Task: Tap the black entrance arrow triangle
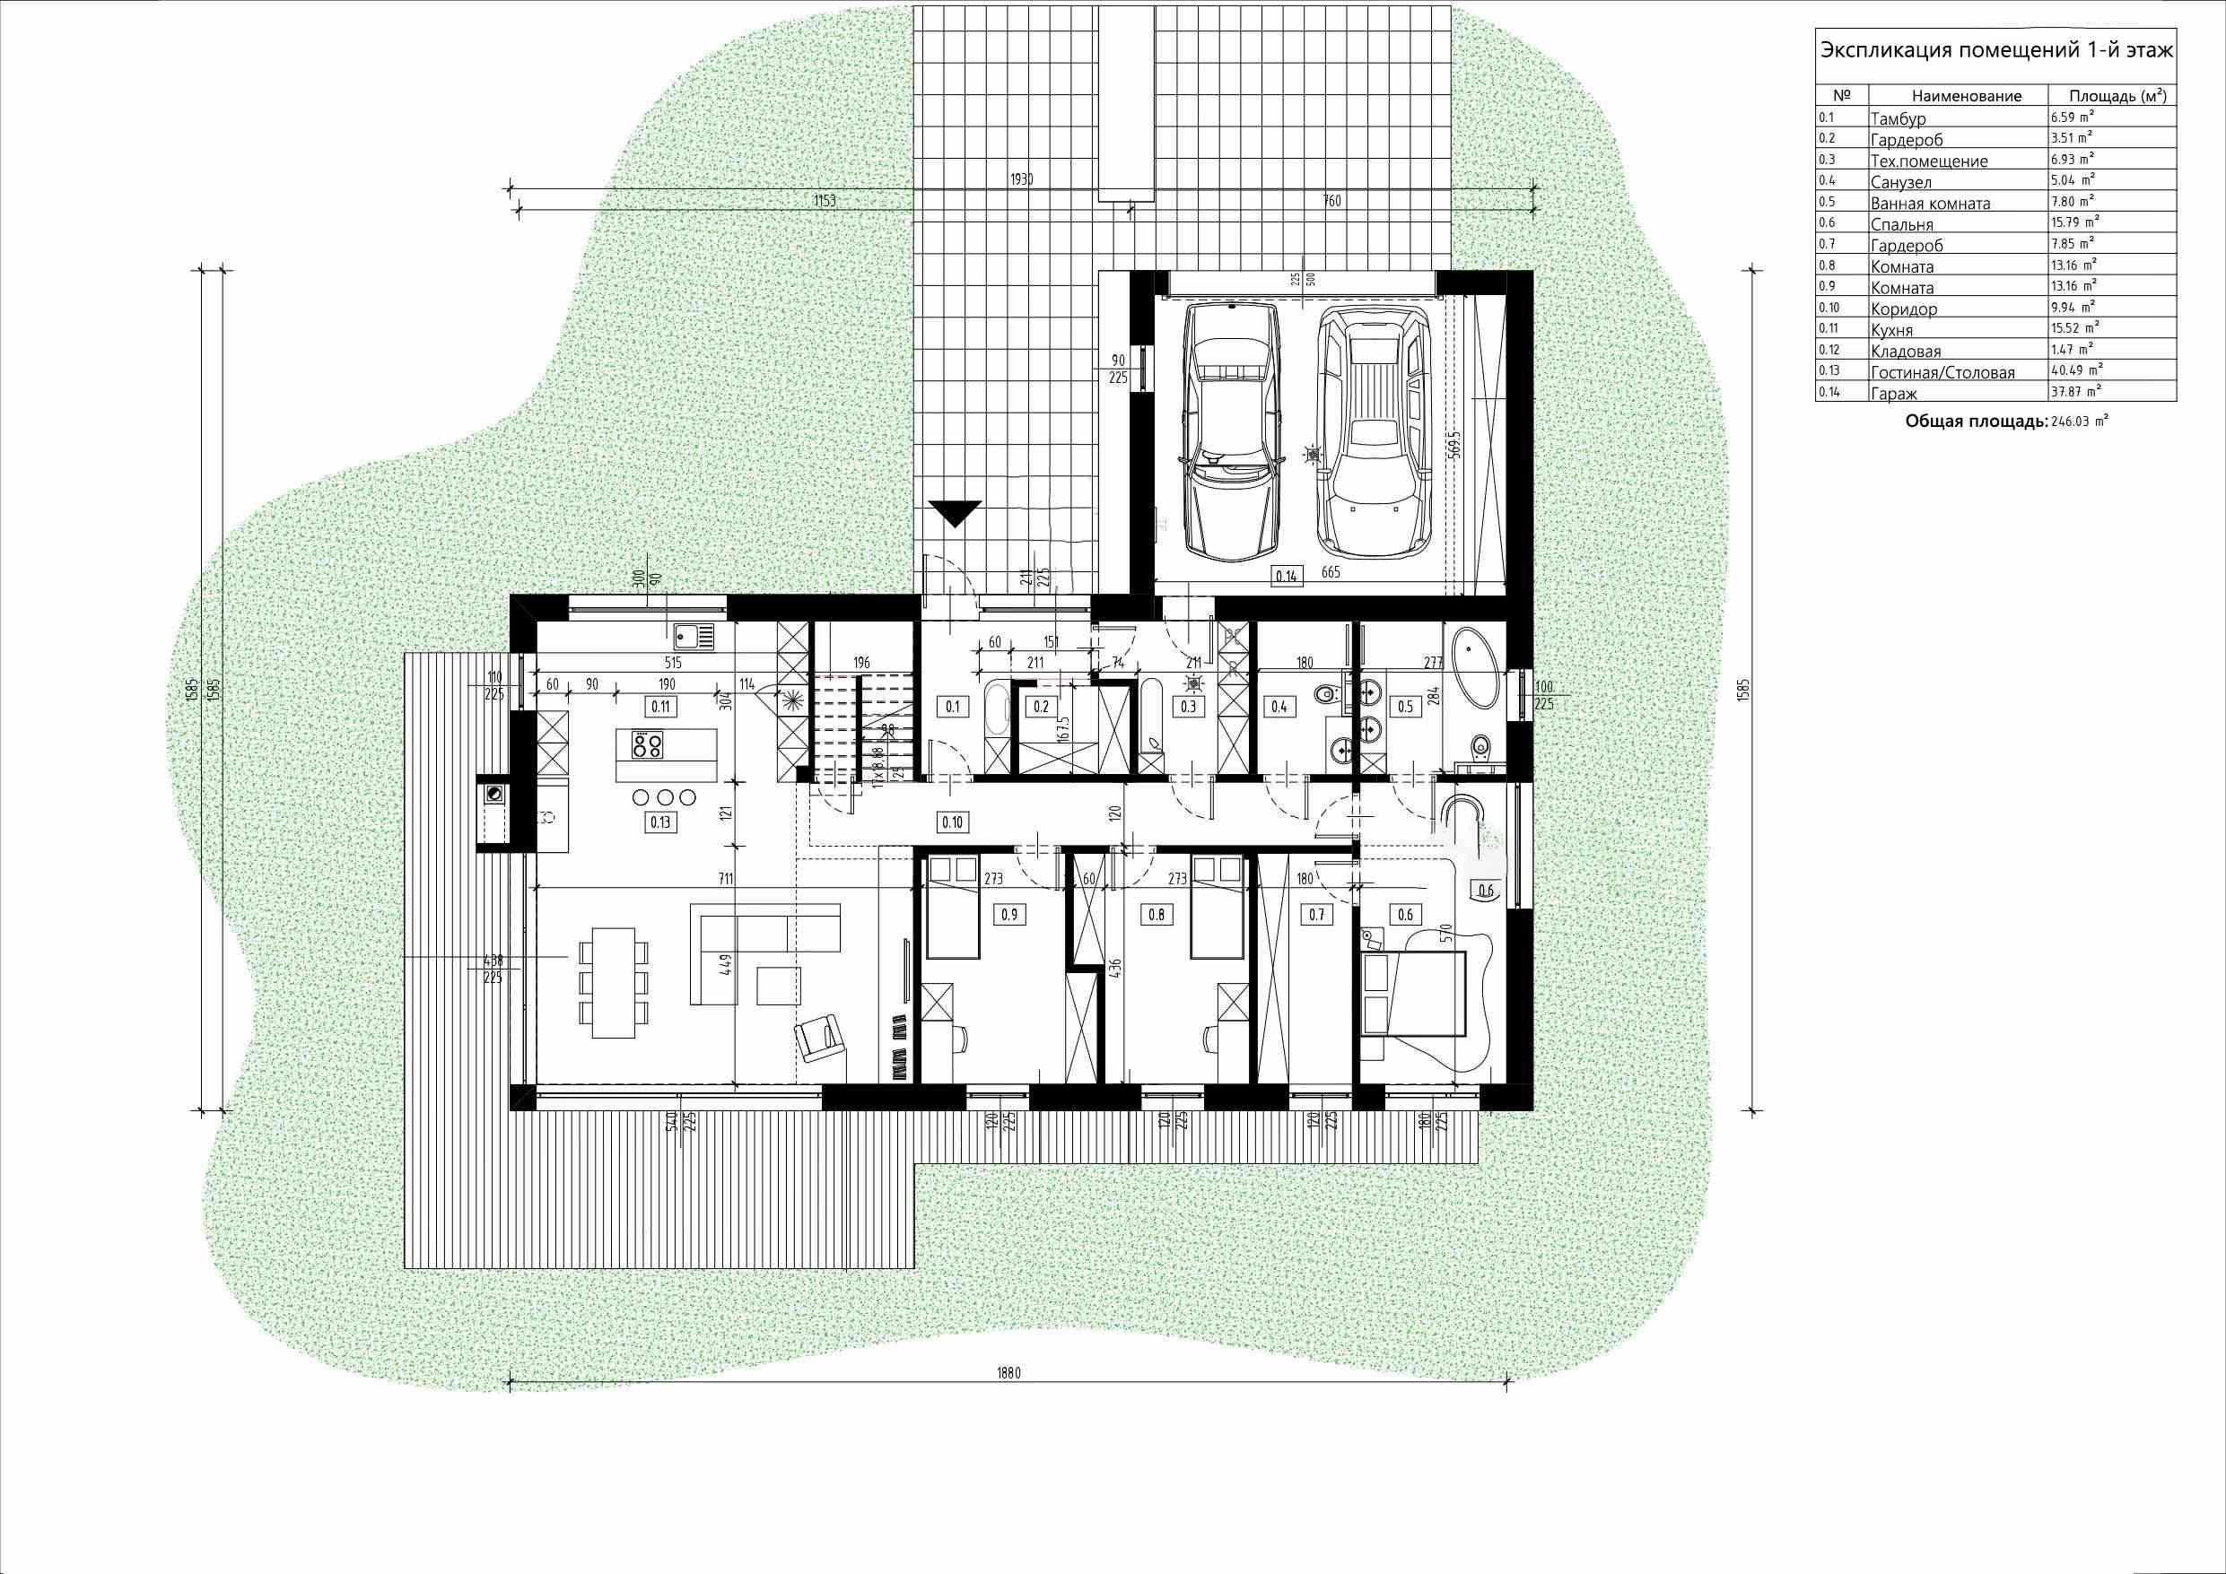pos(955,514)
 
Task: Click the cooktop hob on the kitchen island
pos(648,745)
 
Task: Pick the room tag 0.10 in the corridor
pos(952,822)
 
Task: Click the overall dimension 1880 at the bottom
pos(1008,1373)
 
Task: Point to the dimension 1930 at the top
pos(1022,179)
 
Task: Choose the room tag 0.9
pos(1009,914)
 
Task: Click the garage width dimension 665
pos(1331,573)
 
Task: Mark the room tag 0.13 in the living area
pos(660,822)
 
